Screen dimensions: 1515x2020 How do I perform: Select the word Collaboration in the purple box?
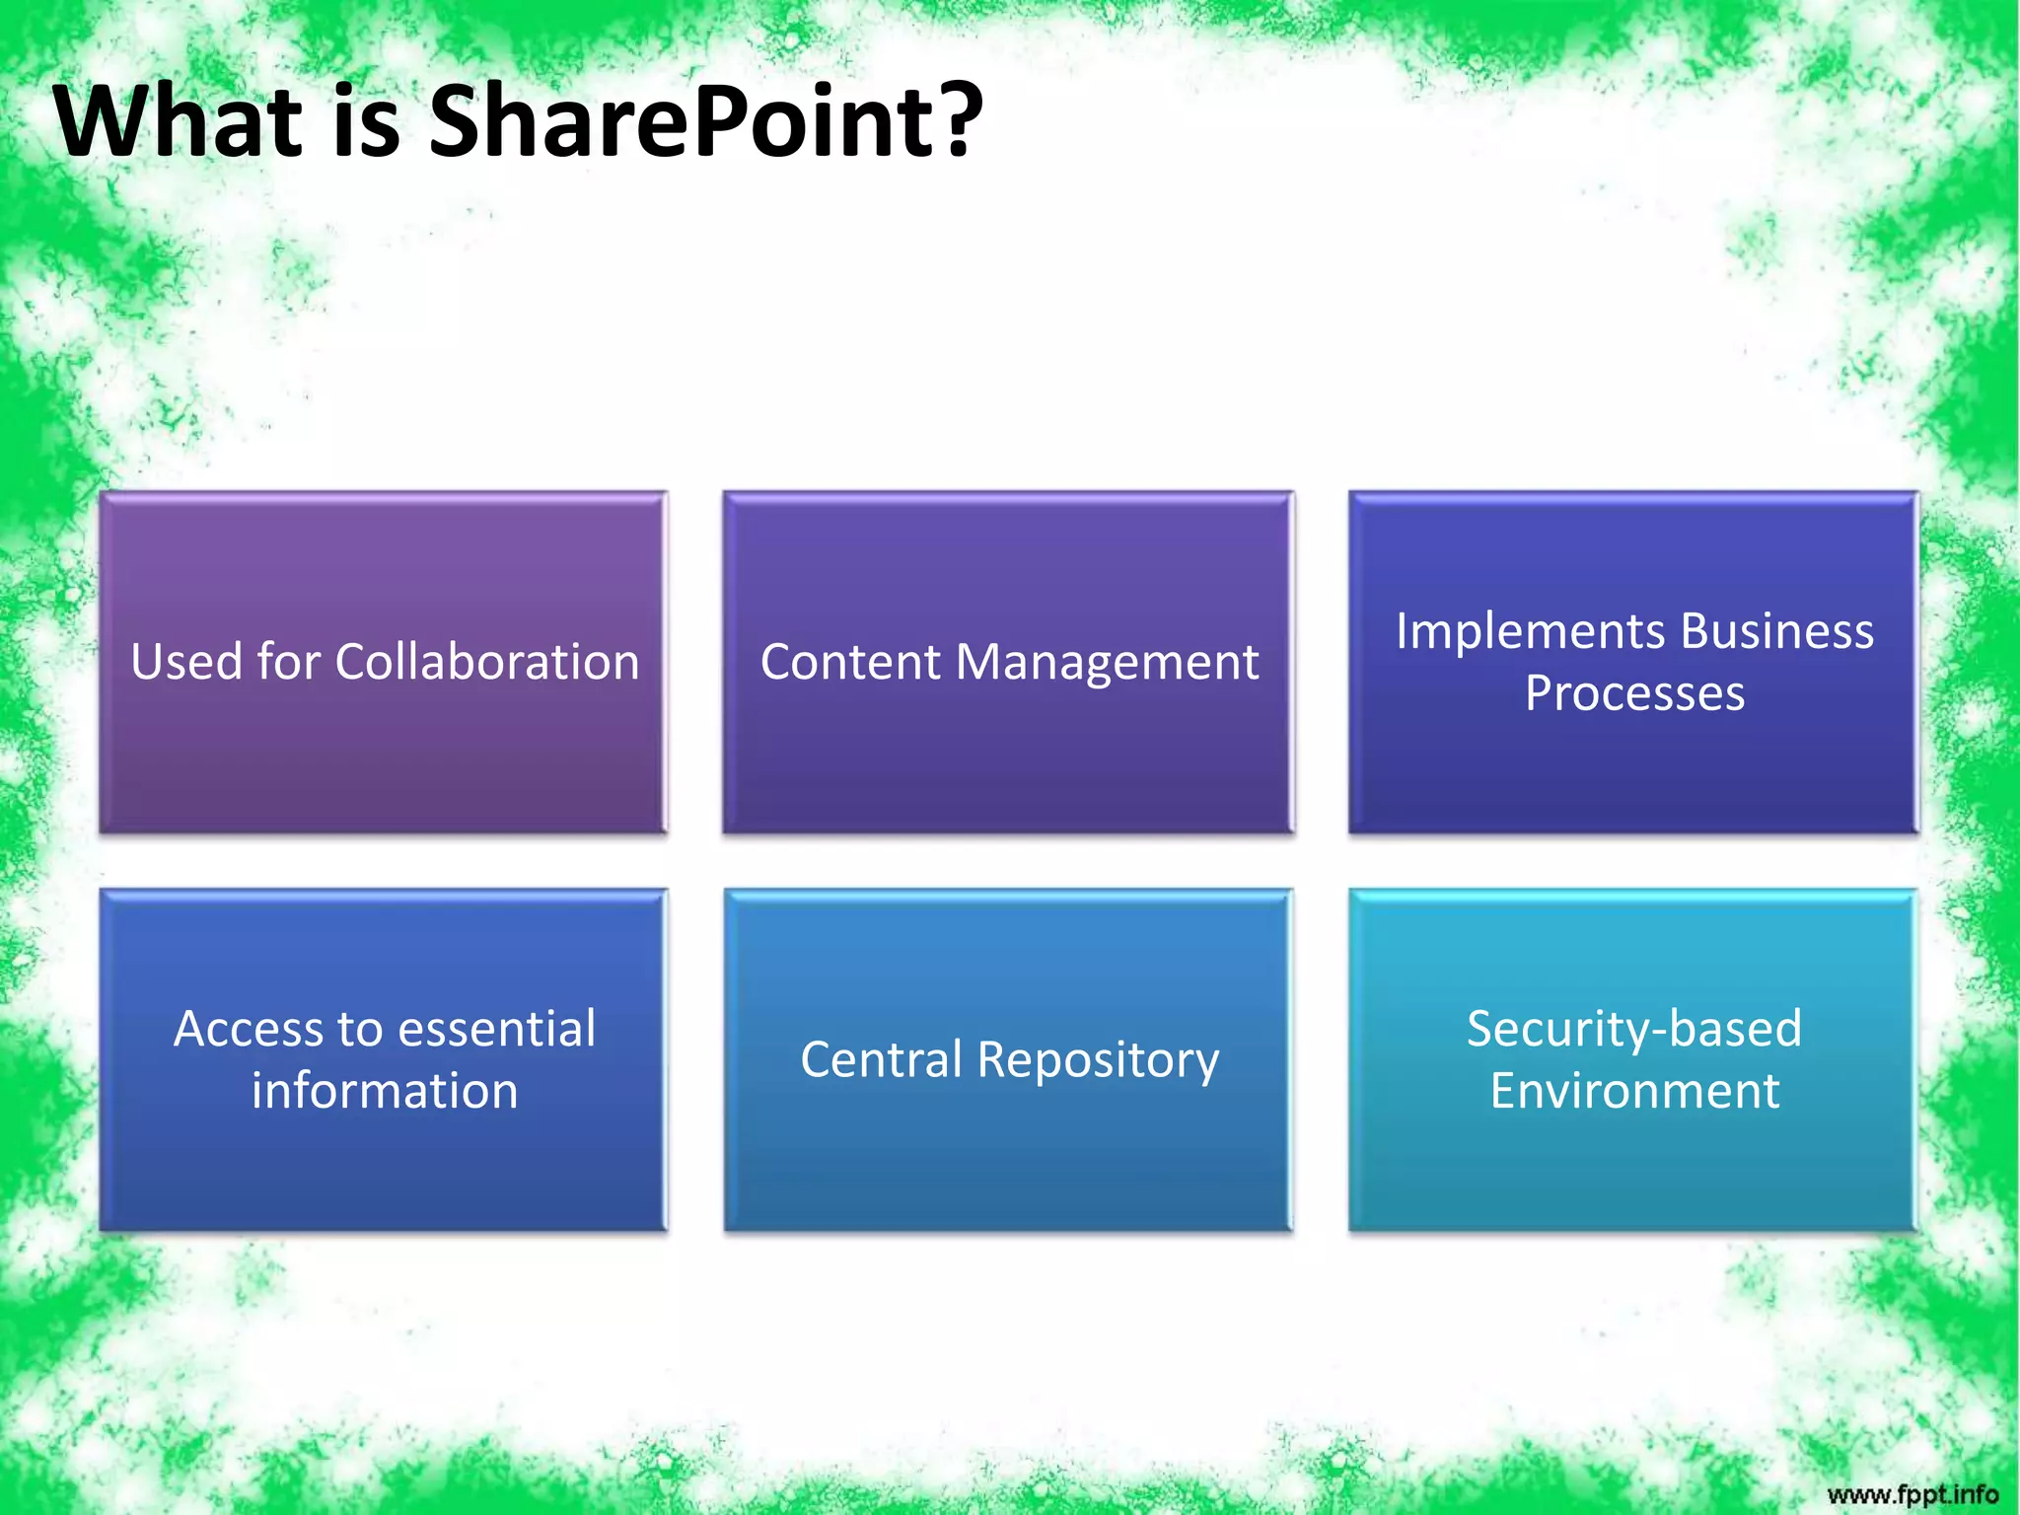coord(487,662)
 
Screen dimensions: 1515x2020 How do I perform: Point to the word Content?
coord(849,662)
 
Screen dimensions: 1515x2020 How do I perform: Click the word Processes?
coord(1634,693)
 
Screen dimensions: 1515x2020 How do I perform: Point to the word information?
coord(385,1091)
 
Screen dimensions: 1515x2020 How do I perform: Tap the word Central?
coord(881,1060)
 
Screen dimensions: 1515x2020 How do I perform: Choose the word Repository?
coord(1098,1061)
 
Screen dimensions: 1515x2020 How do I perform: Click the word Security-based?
coord(1634,1029)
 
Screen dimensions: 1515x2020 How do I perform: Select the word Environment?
coord(1634,1091)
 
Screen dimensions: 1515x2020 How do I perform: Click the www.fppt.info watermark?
coord(1912,1494)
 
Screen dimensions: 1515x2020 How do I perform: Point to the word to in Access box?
coord(360,1030)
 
